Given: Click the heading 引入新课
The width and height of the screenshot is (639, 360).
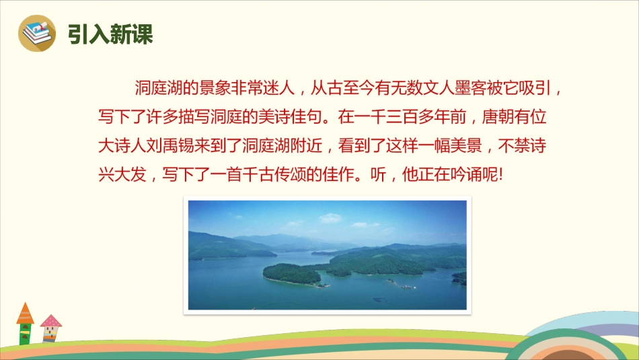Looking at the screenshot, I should click(x=110, y=34).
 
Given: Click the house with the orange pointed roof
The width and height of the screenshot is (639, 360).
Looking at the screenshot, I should click(x=25, y=324).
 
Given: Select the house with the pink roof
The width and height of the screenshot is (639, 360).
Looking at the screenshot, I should click(x=51, y=328).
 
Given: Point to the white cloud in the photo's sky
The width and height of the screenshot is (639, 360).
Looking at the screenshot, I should click(x=330, y=218).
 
